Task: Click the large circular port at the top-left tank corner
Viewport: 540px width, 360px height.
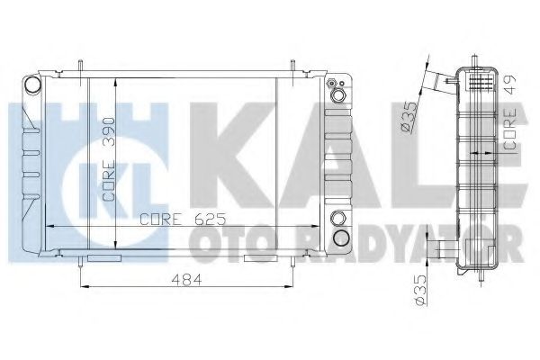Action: pyautogui.click(x=33, y=85)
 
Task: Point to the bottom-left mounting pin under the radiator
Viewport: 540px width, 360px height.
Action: pyautogui.click(x=82, y=262)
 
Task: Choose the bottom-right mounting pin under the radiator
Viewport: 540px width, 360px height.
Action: pyautogui.click(x=293, y=262)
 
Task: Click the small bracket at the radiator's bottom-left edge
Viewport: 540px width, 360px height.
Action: pyautogui.click(x=106, y=258)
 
